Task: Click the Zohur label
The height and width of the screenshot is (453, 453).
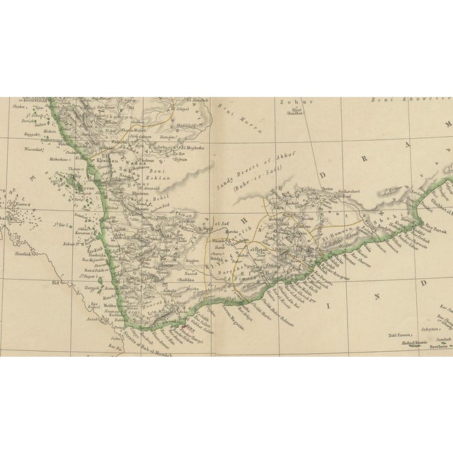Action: (x=292, y=102)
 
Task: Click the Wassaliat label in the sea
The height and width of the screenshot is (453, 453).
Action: (x=23, y=147)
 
